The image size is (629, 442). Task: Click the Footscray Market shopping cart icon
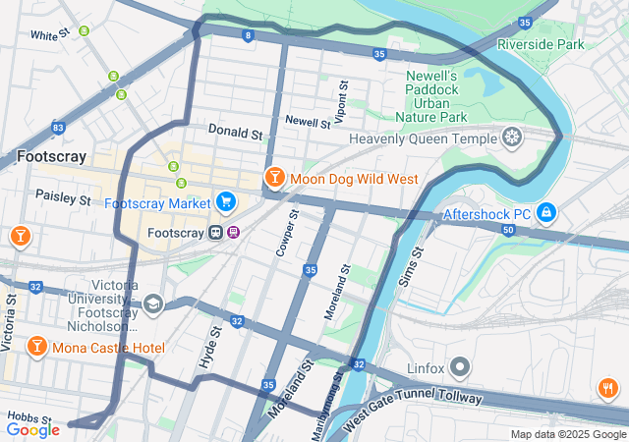226,202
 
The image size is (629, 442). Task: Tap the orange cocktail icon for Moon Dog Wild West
274,178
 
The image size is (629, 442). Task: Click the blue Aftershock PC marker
546,212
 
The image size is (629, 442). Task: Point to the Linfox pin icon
462,368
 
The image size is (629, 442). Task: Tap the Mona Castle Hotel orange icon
36,347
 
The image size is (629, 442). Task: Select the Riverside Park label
541,44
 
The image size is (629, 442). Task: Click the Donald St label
235,131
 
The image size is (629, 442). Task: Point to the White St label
49,34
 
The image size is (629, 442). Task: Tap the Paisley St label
63,197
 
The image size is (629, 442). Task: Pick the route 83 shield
59,128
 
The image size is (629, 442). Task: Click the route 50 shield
507,230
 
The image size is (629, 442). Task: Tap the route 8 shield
248,36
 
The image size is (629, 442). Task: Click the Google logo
32,429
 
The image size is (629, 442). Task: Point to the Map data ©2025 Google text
567,434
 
